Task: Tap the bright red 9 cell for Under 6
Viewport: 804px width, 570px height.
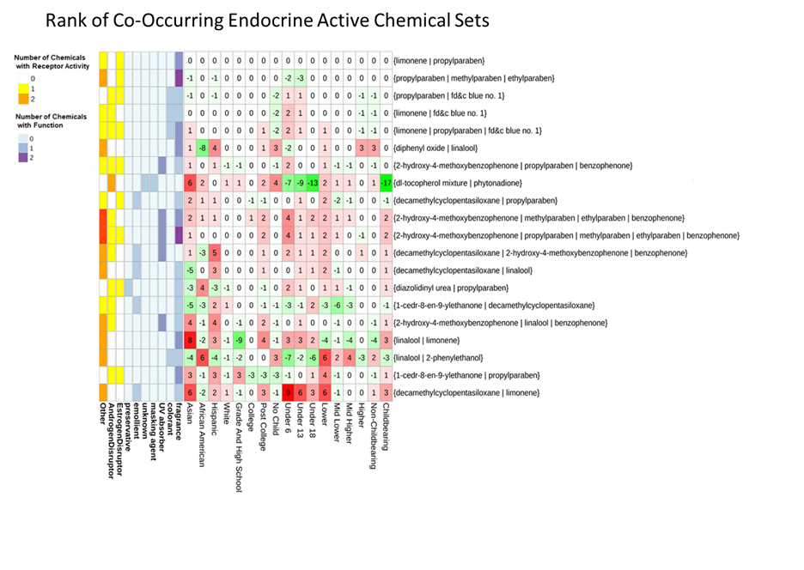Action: [x=289, y=391]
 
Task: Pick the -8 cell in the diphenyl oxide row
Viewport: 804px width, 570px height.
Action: [x=202, y=147]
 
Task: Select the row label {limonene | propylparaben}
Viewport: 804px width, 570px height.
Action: [x=439, y=60]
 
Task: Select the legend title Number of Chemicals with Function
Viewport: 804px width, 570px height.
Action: [x=49, y=120]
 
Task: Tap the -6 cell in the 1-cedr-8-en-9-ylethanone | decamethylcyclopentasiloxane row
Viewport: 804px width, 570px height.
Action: [x=338, y=305]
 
